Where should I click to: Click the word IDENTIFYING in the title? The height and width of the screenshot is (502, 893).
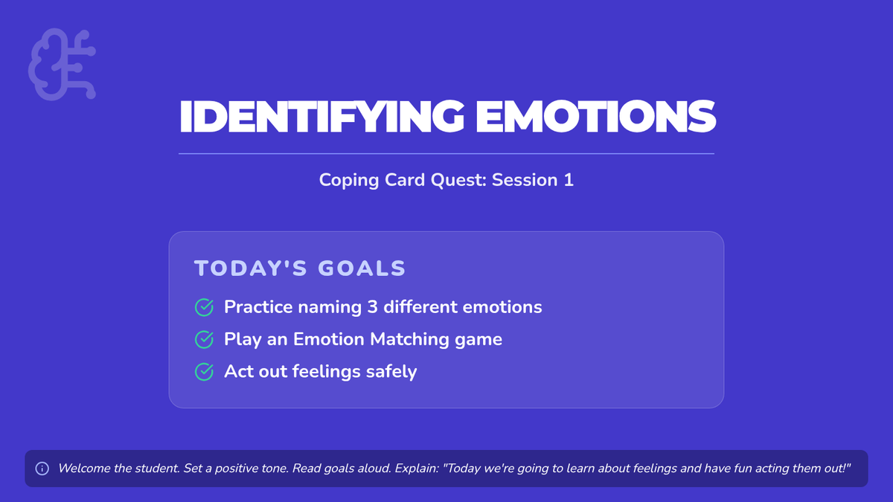click(321, 116)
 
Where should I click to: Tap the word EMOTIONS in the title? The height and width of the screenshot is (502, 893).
click(595, 116)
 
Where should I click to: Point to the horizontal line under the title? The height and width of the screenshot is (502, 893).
click(446, 153)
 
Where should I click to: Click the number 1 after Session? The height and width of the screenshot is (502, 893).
click(569, 180)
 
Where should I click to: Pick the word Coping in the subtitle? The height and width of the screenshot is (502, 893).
click(349, 181)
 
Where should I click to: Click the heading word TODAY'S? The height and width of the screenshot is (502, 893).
click(251, 268)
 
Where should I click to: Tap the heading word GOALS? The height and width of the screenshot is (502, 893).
click(362, 268)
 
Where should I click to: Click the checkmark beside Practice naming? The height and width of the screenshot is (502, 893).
click(204, 307)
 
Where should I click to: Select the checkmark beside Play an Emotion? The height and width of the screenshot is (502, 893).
click(204, 339)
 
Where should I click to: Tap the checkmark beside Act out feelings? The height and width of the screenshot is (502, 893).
click(204, 372)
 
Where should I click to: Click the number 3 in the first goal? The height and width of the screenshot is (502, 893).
click(372, 307)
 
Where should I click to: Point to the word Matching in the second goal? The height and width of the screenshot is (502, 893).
click(409, 340)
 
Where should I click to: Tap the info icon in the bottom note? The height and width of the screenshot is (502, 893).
click(42, 469)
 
